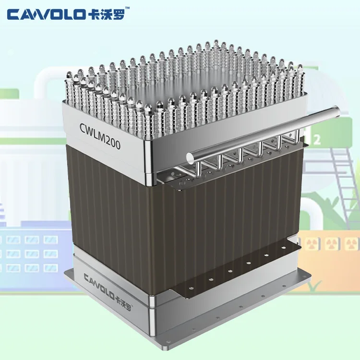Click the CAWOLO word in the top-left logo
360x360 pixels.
tap(44, 14)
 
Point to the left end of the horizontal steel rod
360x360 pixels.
tap(190, 156)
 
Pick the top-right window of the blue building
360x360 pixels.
tap(50, 239)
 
